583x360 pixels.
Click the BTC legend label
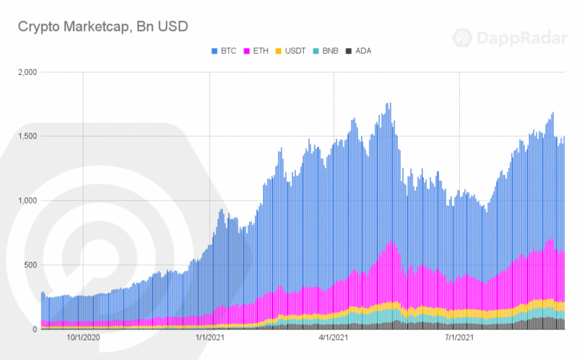[227, 50]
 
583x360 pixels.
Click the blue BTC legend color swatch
[214, 50]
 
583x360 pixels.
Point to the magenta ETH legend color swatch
[249, 50]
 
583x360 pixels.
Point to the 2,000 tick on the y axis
[25, 72]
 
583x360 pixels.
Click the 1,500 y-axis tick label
[25, 136]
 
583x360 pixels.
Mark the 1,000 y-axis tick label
[25, 200]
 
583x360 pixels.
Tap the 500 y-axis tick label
[28, 265]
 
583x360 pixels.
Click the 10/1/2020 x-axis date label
[84, 337]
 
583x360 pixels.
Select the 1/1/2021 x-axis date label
[210, 337]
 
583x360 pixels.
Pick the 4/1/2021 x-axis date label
[334, 337]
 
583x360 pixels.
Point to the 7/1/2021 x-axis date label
[459, 337]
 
